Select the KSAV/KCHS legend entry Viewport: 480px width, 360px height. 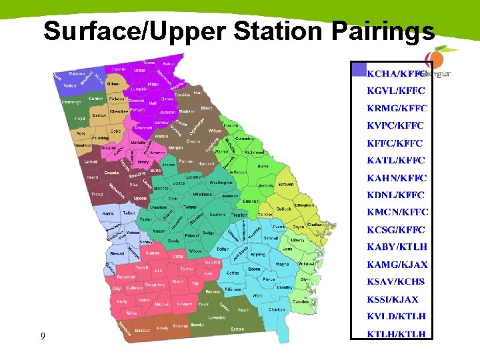tap(395, 282)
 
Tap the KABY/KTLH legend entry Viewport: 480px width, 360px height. tap(397, 247)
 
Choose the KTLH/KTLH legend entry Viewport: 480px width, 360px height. tap(396, 334)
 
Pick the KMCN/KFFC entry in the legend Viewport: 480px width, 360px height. tap(397, 213)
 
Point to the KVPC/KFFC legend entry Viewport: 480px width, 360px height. tap(395, 125)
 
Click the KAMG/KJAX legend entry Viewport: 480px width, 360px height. tap(397, 265)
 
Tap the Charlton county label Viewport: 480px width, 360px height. tap(276, 309)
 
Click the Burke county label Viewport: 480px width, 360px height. tap(263, 165)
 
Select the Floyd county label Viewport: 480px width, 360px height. tap(80, 119)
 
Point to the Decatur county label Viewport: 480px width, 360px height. tap(142, 330)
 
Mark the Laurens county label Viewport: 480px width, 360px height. tap(217, 215)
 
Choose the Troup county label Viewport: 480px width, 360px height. tap(97, 194)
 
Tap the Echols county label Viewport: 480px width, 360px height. tap(237, 328)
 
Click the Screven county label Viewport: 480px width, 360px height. tap(285, 184)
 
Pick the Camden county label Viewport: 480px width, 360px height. tap(300, 301)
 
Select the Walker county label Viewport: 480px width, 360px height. tap(70, 86)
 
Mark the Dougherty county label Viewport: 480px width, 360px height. tap(155, 285)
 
